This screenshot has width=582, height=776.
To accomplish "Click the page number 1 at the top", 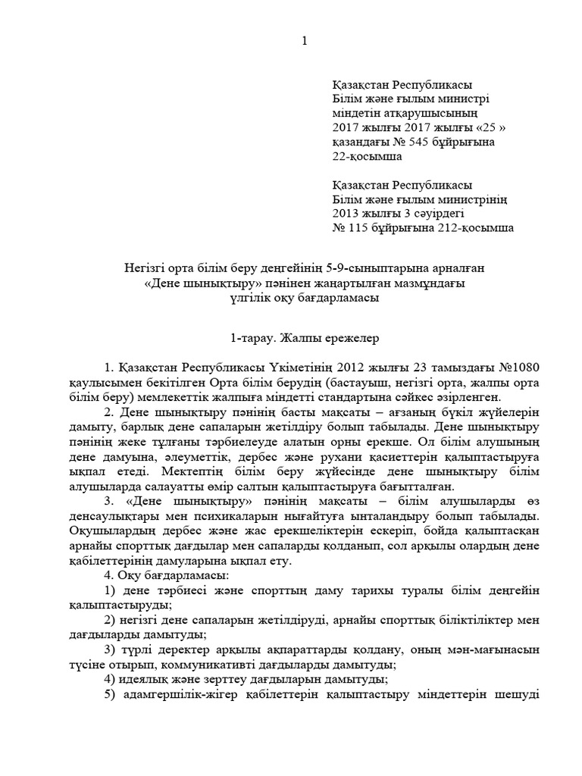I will tap(304, 41).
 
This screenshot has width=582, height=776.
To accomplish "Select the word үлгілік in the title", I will tap(249, 297).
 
